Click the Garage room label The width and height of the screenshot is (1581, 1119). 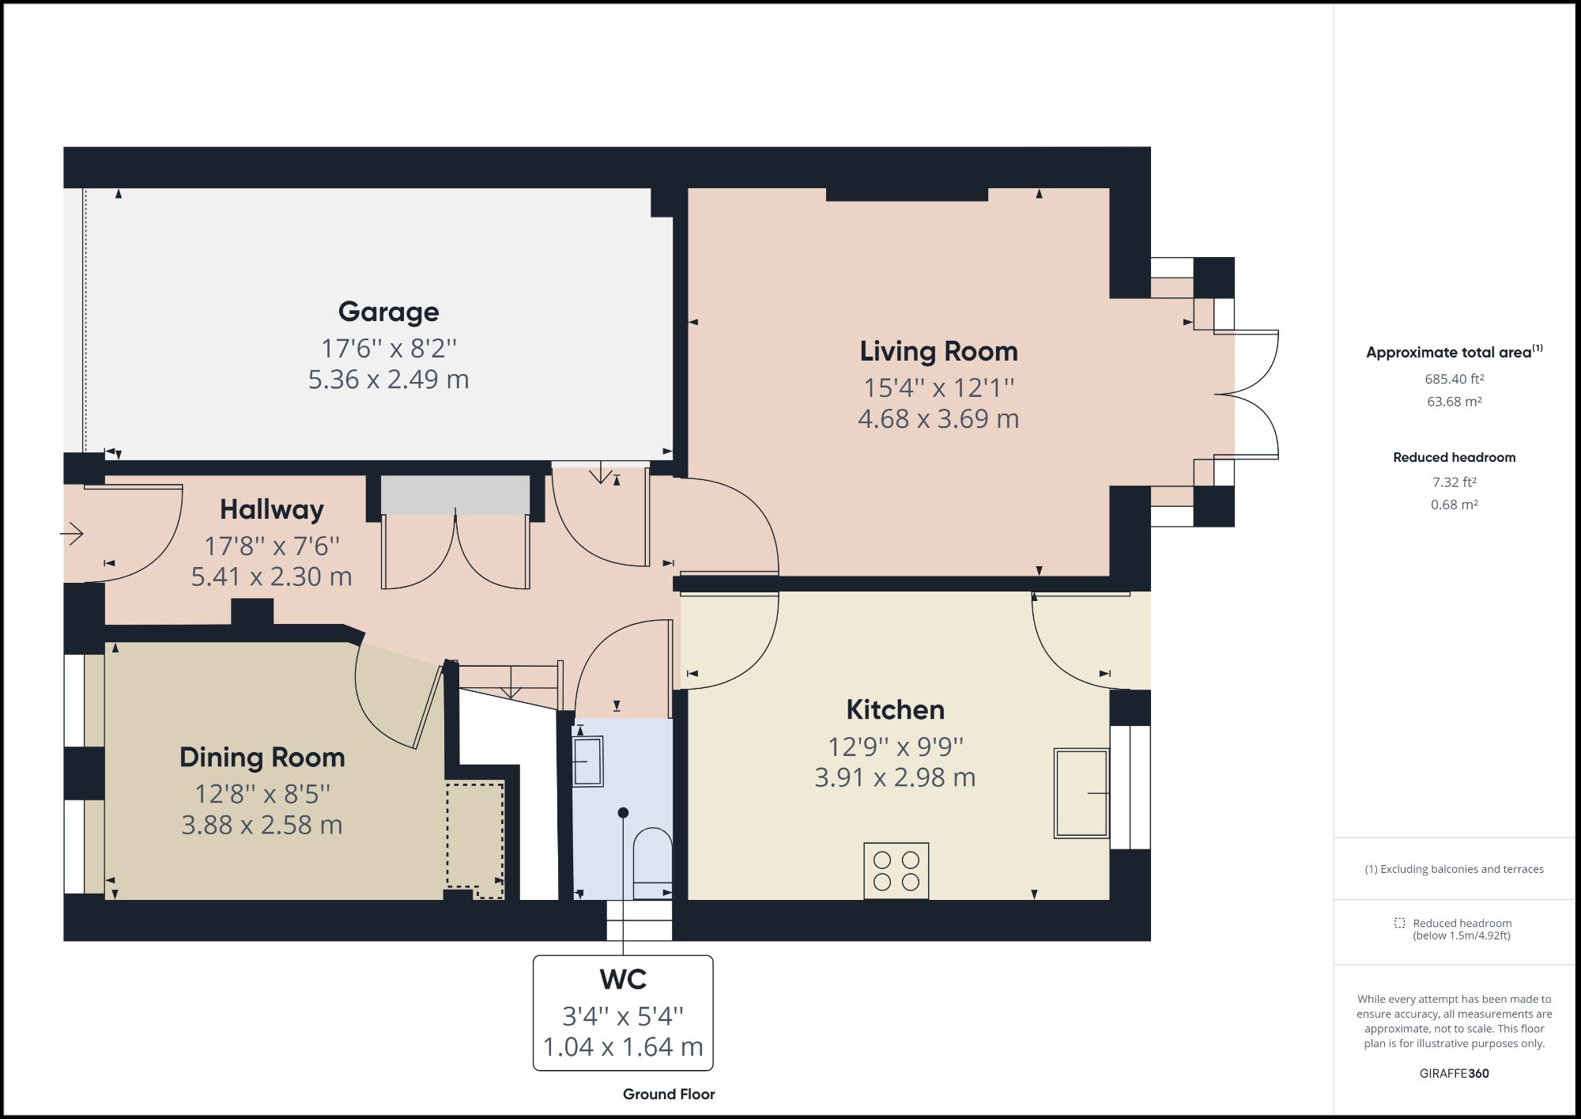click(x=388, y=312)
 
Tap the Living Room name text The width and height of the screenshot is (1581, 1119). click(x=938, y=351)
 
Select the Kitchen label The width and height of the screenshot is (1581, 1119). click(x=895, y=709)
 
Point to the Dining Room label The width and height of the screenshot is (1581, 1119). click(x=262, y=757)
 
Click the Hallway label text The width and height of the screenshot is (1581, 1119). click(x=271, y=509)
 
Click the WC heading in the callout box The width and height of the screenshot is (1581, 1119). click(x=623, y=979)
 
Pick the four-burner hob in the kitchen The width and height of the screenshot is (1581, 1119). click(x=896, y=871)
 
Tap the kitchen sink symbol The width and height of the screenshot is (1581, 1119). click(x=1081, y=792)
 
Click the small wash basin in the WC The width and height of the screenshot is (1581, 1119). click(x=587, y=761)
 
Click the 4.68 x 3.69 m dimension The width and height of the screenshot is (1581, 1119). click(x=938, y=418)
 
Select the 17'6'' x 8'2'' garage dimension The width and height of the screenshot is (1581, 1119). click(x=388, y=348)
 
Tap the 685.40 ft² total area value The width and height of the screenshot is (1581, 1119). click(x=1454, y=379)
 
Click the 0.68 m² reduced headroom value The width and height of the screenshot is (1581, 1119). click(x=1454, y=505)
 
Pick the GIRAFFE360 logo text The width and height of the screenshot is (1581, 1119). click(x=1454, y=1073)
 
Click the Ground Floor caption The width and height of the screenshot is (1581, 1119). click(x=669, y=1094)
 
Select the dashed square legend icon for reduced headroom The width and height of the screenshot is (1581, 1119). click(x=1399, y=923)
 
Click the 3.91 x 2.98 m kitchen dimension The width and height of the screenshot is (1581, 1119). click(x=895, y=777)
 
